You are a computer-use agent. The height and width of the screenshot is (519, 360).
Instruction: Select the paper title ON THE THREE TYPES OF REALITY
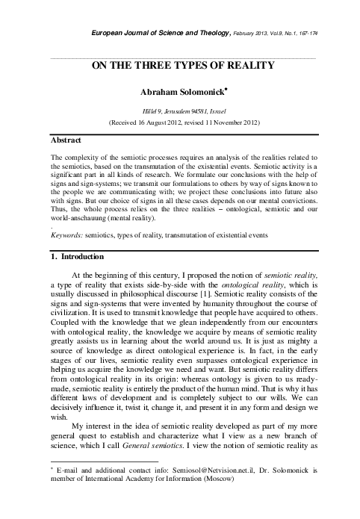click(x=184, y=65)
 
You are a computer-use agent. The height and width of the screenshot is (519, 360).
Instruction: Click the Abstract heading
click(x=66, y=140)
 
